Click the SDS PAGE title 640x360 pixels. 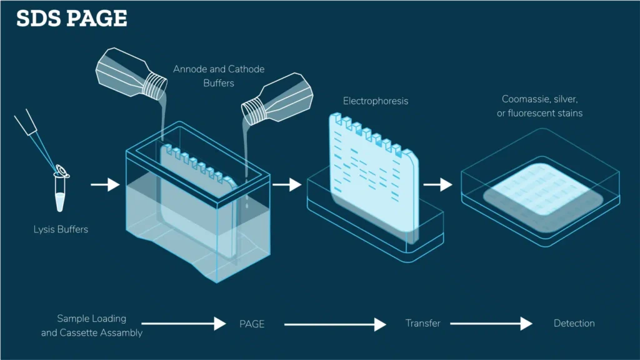(72, 19)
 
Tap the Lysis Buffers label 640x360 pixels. (61, 229)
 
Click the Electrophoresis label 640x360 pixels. (375, 101)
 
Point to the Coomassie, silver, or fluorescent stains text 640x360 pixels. (542, 106)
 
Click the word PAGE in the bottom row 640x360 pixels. (252, 324)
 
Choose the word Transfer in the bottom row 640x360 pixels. (422, 324)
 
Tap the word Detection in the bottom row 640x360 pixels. (574, 324)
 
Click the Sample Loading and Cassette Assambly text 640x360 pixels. (92, 326)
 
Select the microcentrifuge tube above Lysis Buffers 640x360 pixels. (60, 194)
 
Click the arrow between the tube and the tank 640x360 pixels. (104, 184)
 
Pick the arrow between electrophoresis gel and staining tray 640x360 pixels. (437, 184)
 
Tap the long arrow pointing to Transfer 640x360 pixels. (335, 324)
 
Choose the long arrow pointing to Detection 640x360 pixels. (491, 324)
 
